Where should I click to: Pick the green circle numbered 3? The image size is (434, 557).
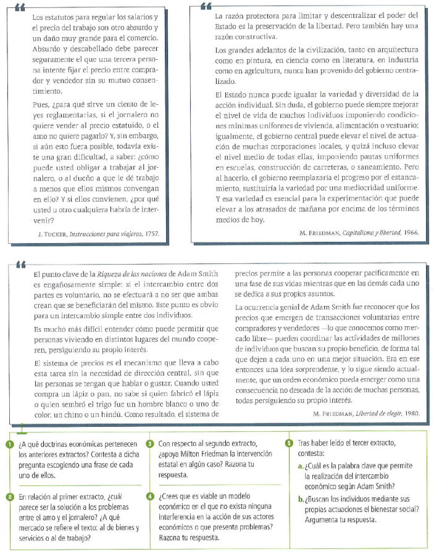coord(150,444)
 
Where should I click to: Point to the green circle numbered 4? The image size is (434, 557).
coord(150,497)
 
